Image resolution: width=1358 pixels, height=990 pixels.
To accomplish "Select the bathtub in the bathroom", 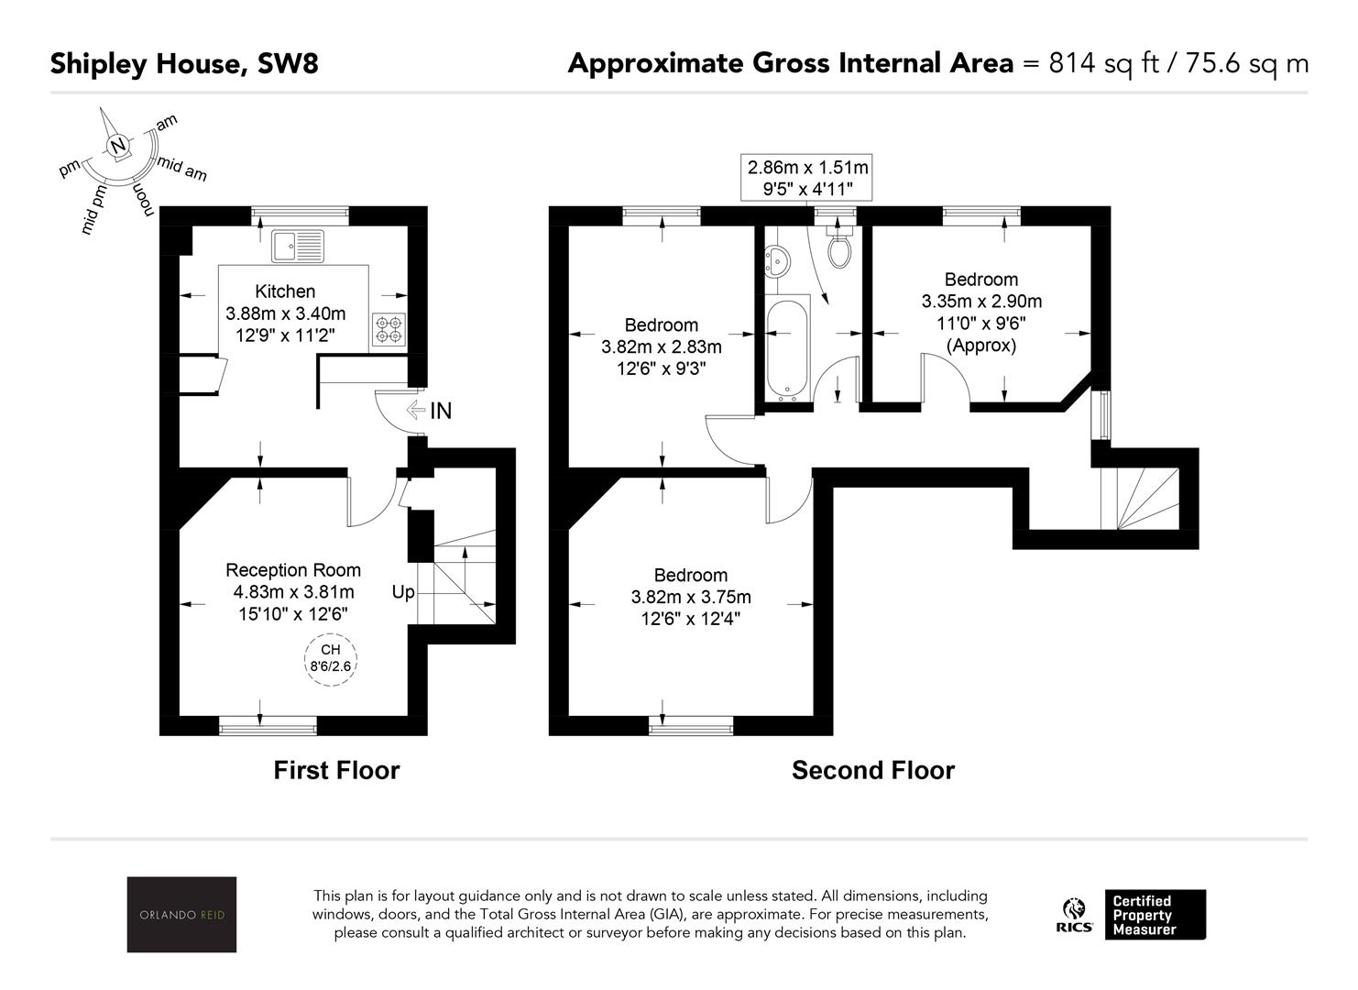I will (787, 351).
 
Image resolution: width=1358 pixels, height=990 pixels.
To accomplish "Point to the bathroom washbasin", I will (777, 260).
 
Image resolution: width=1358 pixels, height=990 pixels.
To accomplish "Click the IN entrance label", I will (441, 411).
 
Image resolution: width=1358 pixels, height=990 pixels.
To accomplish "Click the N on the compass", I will (117, 146).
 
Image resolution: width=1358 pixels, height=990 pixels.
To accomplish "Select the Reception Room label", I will (293, 570).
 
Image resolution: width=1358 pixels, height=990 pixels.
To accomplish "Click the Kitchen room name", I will (285, 291).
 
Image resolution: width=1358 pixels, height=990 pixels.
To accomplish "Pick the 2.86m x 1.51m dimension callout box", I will (807, 178).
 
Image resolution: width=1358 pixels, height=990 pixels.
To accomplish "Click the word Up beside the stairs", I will (403, 592).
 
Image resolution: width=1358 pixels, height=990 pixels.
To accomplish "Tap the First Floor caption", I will (336, 770).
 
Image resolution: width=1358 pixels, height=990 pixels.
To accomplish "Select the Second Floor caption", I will (872, 770).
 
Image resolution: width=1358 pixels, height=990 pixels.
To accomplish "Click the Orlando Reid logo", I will (181, 914).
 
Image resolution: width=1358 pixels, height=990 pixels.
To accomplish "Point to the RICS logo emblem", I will (1074, 915).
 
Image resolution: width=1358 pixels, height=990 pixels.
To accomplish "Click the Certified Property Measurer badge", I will (1155, 915).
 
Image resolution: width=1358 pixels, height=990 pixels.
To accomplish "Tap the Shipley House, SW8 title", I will (184, 63).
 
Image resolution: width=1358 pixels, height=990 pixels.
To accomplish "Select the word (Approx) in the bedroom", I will (981, 346).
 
